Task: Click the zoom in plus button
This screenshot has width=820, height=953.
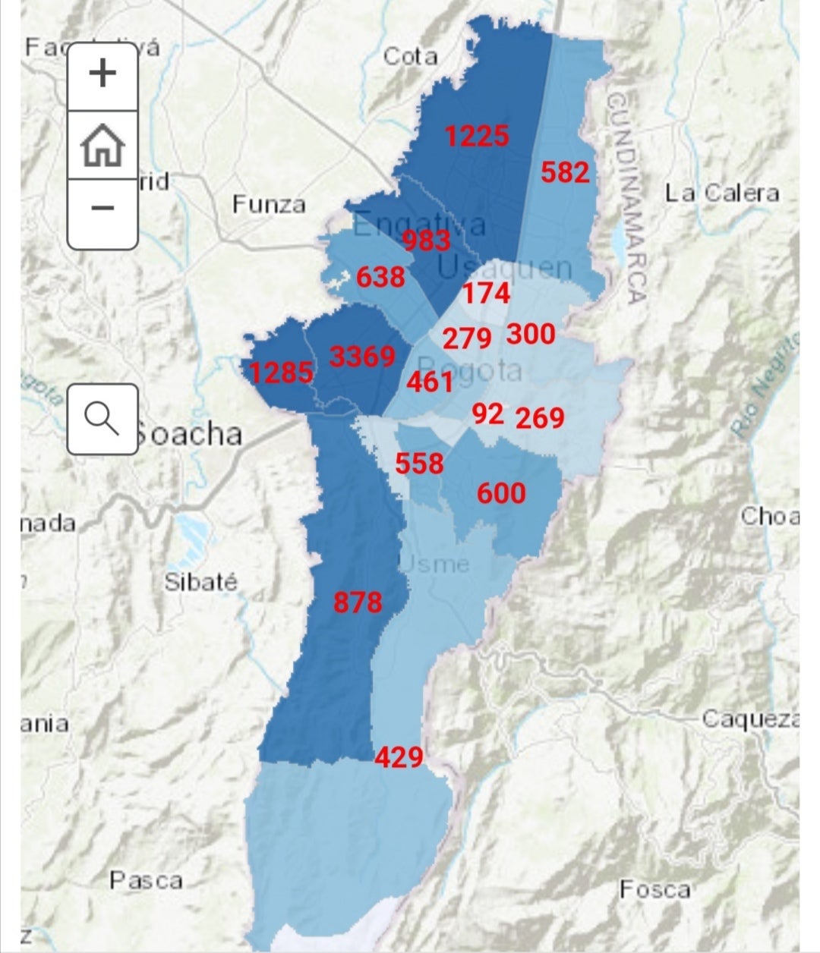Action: click(x=102, y=74)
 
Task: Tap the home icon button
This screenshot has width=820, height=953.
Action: click(x=102, y=146)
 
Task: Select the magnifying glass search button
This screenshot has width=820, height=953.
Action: click(x=102, y=419)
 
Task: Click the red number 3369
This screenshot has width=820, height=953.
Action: click(x=362, y=357)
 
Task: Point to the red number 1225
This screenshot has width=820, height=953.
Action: click(x=477, y=137)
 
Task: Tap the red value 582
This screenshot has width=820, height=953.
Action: click(x=565, y=172)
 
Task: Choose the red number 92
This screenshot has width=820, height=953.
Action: click(x=487, y=414)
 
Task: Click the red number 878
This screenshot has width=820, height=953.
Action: click(x=358, y=603)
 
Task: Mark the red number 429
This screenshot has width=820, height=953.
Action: click(x=399, y=757)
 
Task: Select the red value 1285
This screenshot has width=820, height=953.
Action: click(x=281, y=373)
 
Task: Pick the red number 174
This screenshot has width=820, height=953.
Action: click(x=487, y=294)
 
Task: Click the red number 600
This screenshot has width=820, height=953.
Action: click(x=501, y=494)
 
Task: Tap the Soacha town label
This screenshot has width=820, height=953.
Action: click(x=190, y=434)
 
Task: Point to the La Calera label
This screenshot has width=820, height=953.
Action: click(x=722, y=193)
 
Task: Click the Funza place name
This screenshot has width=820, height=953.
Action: click(x=269, y=204)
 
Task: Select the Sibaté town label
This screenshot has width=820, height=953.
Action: click(x=201, y=582)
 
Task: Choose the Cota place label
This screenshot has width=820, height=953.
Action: click(x=410, y=56)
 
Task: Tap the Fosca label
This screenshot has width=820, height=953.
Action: click(x=654, y=889)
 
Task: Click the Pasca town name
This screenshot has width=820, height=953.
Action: click(x=147, y=880)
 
